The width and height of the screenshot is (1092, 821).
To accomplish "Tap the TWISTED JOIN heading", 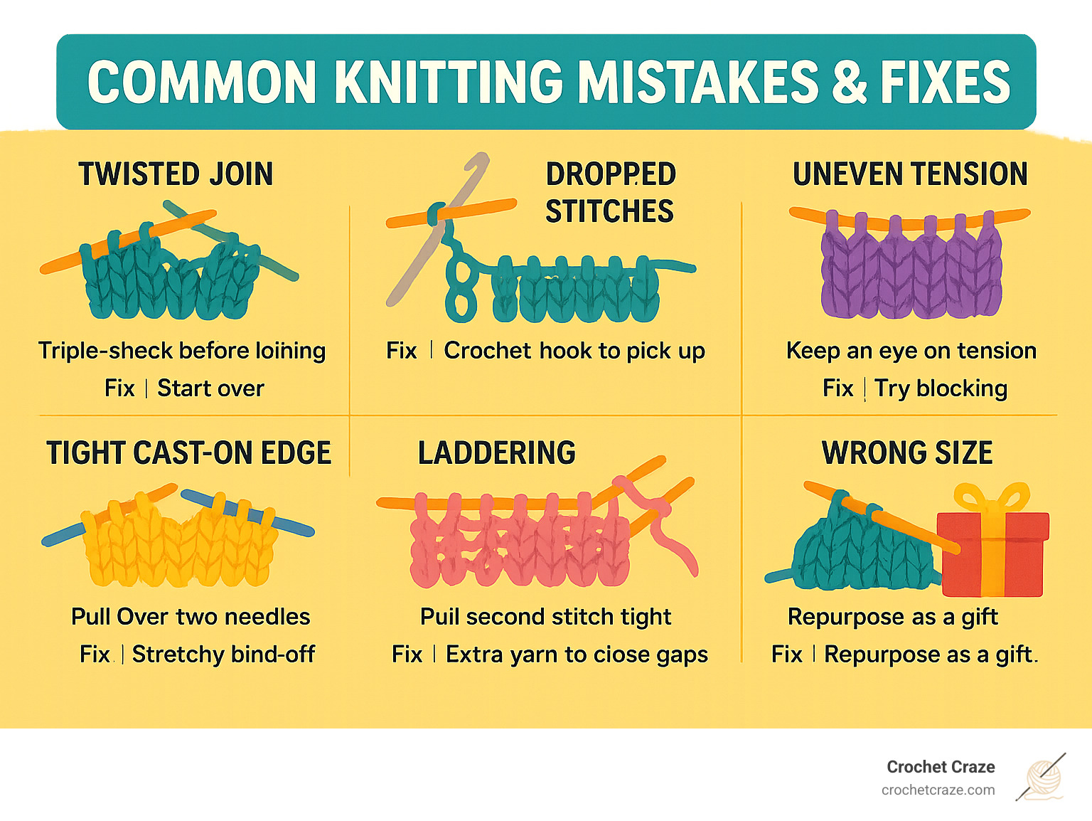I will (176, 174).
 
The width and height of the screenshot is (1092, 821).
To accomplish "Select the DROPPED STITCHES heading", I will (610, 193).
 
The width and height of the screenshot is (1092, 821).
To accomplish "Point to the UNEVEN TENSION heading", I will (910, 174).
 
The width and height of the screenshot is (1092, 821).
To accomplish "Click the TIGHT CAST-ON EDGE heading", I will (188, 453).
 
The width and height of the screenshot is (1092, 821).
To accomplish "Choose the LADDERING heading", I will (496, 453).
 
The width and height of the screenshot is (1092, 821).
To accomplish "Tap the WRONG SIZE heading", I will (907, 453).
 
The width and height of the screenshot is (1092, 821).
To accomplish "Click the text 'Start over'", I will (210, 388).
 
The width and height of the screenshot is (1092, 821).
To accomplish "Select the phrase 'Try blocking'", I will (941, 388).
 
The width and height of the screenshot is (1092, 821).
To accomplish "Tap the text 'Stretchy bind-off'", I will (223, 654).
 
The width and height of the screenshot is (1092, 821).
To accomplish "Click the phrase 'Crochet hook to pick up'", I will (574, 351).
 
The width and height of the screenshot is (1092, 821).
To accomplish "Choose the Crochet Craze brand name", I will (941, 767).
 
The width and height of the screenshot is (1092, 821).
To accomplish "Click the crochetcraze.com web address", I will (938, 790).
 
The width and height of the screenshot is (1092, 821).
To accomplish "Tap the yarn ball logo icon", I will (1042, 777).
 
